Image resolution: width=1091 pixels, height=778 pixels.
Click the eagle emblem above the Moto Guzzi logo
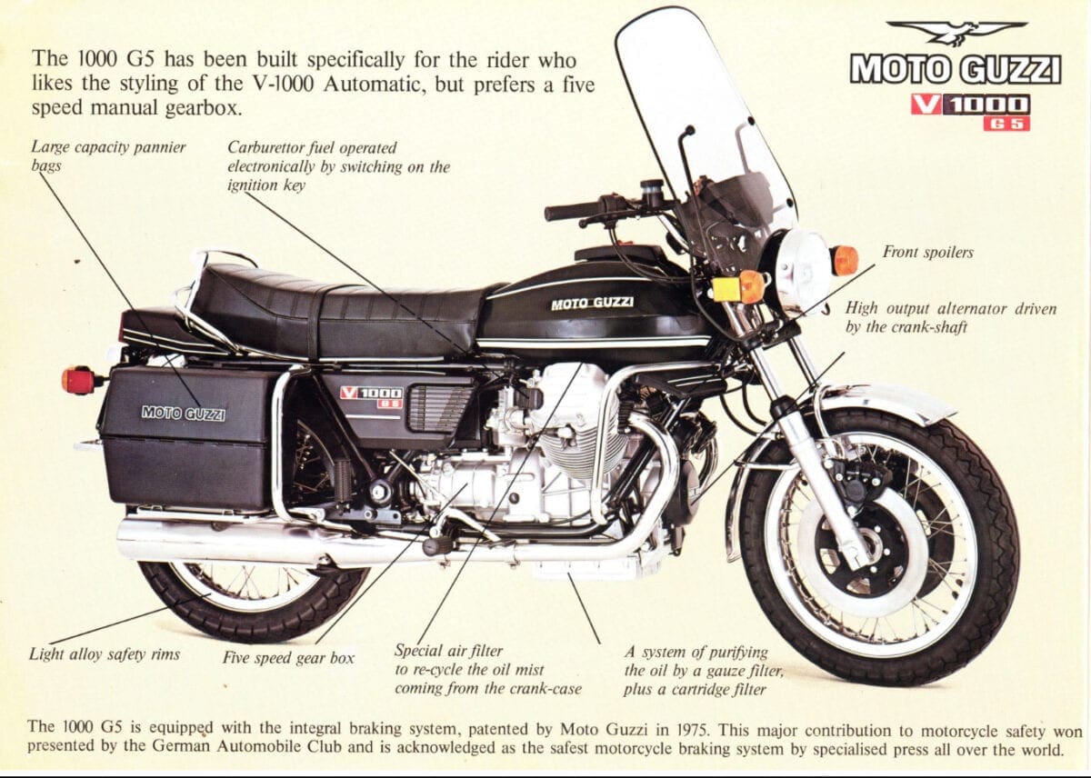(x=956, y=33)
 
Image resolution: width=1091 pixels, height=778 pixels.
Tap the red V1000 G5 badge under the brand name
(x=970, y=113)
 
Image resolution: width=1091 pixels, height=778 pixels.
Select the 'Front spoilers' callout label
(x=928, y=252)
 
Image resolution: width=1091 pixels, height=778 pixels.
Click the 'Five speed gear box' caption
(x=288, y=658)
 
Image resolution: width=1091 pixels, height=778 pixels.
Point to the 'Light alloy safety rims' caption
(x=105, y=653)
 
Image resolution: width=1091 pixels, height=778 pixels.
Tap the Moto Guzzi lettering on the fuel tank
(x=592, y=303)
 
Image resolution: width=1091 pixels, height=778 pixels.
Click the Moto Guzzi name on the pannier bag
(x=184, y=413)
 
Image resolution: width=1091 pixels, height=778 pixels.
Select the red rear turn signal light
(x=78, y=380)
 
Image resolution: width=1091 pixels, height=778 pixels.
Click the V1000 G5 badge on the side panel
(x=372, y=396)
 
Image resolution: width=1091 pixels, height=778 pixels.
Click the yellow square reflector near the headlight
(x=726, y=289)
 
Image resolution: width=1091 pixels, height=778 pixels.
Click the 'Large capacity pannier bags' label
(x=108, y=156)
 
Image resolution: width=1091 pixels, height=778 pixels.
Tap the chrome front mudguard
(x=876, y=401)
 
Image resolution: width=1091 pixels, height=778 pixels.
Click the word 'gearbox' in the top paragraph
(x=203, y=108)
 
